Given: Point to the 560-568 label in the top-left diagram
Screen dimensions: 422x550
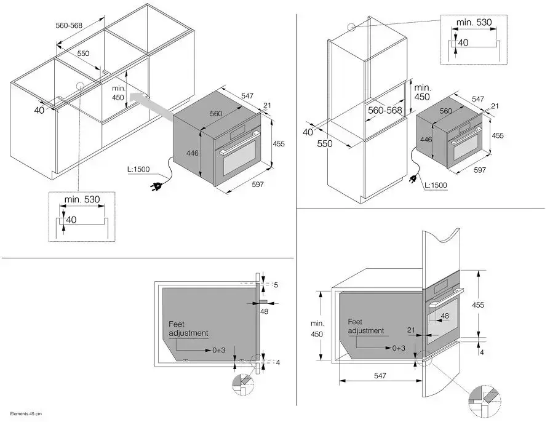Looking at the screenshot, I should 69,26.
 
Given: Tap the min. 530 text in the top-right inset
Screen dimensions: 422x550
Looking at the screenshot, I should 474,22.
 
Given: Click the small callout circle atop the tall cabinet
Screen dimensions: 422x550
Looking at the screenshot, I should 351,26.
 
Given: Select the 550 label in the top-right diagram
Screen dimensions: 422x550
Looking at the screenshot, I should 324,144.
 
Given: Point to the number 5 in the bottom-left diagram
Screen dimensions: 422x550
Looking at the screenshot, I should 276,285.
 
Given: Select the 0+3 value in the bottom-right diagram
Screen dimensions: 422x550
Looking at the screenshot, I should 399,348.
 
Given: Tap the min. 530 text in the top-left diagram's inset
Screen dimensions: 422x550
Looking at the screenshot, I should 81,199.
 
